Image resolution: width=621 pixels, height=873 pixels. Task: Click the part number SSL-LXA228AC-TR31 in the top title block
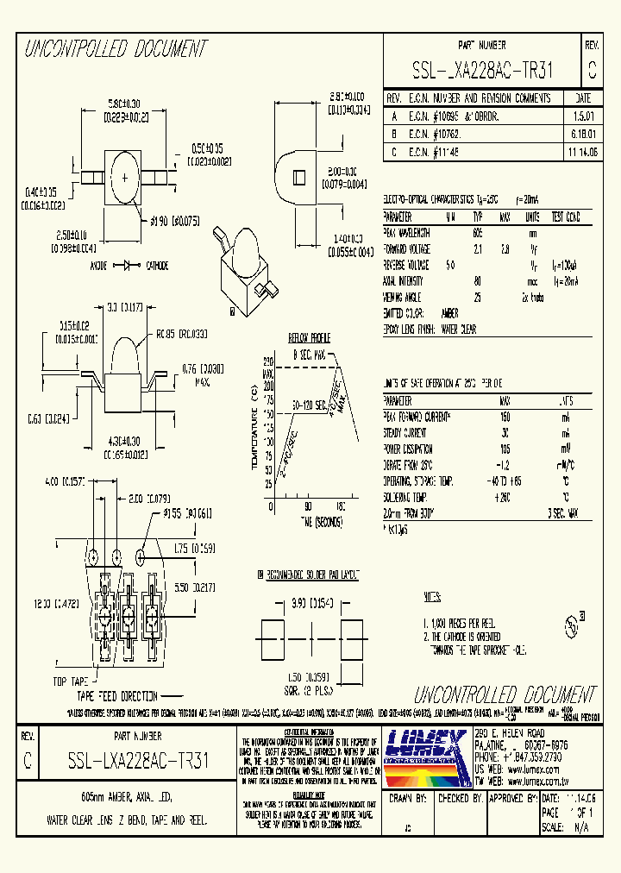coord(482,70)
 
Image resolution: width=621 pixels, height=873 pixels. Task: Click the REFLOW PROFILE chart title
coord(310,338)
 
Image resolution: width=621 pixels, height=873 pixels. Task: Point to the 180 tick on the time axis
coord(340,506)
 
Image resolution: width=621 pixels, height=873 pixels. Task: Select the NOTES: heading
coord(432,597)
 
